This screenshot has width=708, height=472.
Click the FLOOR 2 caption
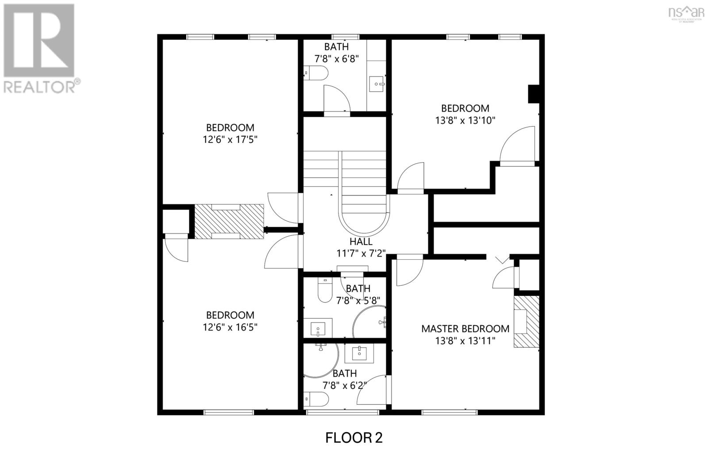pyautogui.click(x=354, y=437)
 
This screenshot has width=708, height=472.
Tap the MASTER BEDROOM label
pyautogui.click(x=465, y=329)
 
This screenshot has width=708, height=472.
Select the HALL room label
pyautogui.click(x=361, y=242)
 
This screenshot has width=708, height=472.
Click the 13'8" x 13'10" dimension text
pyautogui.click(x=465, y=120)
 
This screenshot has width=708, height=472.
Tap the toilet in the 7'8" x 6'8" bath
pyautogui.click(x=316, y=73)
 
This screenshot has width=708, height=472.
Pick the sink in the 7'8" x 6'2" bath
pyautogui.click(x=359, y=353)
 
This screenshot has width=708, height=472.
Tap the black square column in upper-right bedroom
pyautogui.click(x=534, y=94)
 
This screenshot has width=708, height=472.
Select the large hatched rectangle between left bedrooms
pyautogui.click(x=229, y=221)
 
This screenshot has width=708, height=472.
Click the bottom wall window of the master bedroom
pyautogui.click(x=449, y=412)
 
